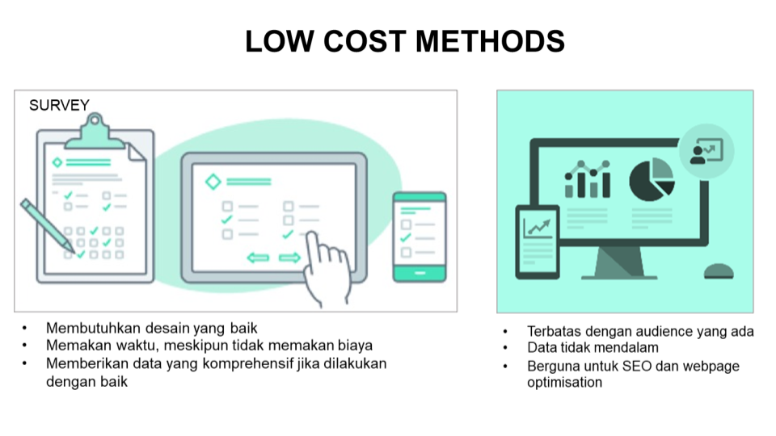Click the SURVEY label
[x=59, y=105]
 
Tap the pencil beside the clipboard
[x=47, y=226]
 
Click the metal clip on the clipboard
[x=95, y=132]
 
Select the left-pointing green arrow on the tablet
[x=258, y=258]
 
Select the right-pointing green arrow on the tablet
[x=289, y=258]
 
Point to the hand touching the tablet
[x=327, y=268]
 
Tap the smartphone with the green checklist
[x=420, y=237]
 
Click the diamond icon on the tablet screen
[x=213, y=182]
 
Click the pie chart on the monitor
[x=652, y=179]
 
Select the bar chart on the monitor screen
[x=588, y=179]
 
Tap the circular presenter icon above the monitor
[x=706, y=151]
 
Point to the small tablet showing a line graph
[x=538, y=242]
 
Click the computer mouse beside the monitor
[x=719, y=271]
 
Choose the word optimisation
[x=565, y=383]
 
